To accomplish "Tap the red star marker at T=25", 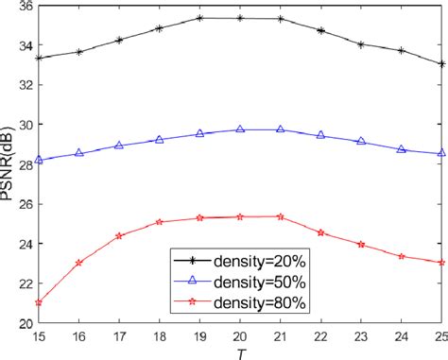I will click(x=441, y=262).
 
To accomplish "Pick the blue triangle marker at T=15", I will click(x=39, y=160).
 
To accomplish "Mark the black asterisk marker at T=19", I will click(x=199, y=18).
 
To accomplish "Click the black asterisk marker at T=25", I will click(x=441, y=64).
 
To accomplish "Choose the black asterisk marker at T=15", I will click(x=39, y=59).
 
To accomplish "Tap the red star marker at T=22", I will click(x=320, y=232).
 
